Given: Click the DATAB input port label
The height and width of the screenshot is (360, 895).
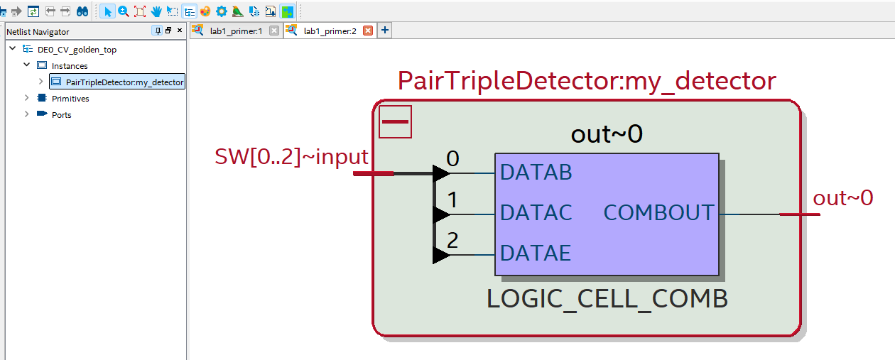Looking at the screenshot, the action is coord(536,173).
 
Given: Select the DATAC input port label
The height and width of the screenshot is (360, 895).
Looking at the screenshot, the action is coord(536,212).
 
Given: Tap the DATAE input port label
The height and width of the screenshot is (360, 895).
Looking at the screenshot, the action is coord(536,253).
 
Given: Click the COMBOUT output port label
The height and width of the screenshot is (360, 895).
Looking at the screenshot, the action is coord(658,212).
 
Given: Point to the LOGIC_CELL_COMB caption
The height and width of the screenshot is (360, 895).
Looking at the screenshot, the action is coord(607,299).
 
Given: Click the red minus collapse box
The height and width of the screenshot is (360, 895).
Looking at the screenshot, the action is coord(395,122).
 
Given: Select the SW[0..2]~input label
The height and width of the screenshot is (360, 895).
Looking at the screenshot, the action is coord(291,157).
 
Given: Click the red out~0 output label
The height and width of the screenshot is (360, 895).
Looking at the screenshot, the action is coord(843,198).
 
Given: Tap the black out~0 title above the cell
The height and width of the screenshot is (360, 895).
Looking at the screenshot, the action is coord(607,134).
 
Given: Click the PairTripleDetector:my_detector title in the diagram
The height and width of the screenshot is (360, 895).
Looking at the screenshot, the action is coord(587,81).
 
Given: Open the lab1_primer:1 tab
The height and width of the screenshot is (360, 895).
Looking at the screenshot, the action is coord(236,31).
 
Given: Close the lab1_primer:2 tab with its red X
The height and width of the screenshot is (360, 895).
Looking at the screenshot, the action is coord(368,31).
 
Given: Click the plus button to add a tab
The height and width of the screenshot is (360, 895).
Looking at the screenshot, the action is coord(385,31).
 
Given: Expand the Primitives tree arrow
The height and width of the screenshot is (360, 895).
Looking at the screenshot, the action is coord(27,98).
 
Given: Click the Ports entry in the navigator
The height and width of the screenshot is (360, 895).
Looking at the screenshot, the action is coord(62,115).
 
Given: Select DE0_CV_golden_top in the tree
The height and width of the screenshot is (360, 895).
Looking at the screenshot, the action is coord(77,50).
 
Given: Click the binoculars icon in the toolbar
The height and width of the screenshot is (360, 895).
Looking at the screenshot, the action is coord(82,11).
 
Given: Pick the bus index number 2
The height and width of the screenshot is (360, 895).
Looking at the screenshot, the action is coord(452,241).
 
